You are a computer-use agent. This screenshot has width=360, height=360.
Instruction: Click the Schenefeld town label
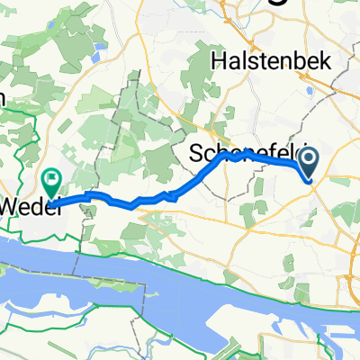tap(243, 154)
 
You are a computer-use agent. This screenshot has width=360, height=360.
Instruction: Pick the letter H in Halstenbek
tap(218, 60)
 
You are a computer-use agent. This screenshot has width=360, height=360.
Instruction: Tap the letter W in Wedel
tap(11, 206)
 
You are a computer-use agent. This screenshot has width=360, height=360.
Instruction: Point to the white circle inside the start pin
tap(309, 159)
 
